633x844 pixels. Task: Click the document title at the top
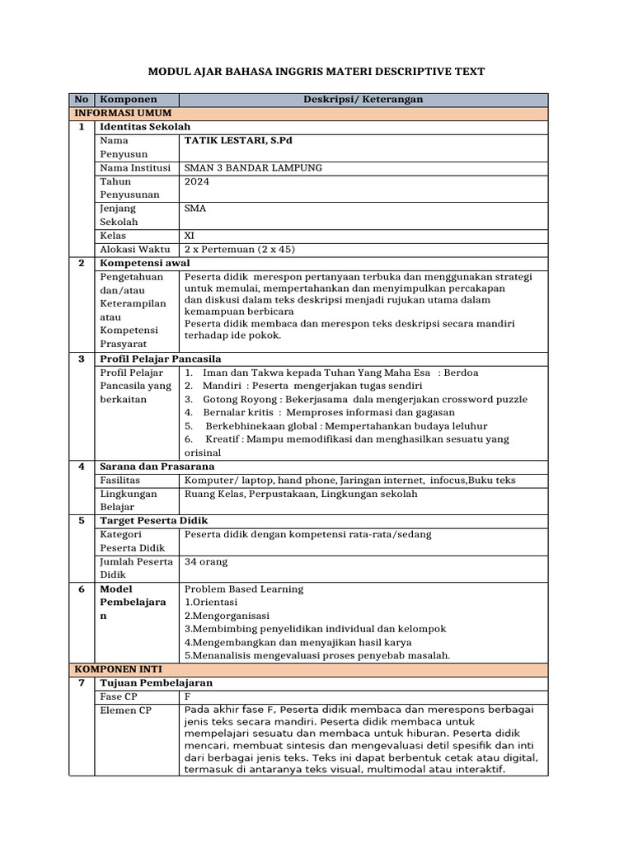click(x=316, y=73)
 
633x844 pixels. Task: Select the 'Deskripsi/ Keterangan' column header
click(x=362, y=99)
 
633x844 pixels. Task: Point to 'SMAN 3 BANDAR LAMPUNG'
click(x=254, y=167)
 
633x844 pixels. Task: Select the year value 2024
click(x=197, y=181)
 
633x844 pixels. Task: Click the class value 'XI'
click(x=190, y=235)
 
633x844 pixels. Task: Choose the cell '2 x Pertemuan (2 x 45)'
click(x=240, y=249)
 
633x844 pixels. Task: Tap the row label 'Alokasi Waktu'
click(x=134, y=249)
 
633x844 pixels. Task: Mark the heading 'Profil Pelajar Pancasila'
click(x=161, y=359)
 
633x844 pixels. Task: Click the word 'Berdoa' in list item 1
click(x=460, y=373)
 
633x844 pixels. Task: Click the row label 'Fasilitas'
click(x=120, y=480)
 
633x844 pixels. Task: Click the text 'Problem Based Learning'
click(x=244, y=588)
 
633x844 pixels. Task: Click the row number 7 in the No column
click(x=82, y=683)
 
